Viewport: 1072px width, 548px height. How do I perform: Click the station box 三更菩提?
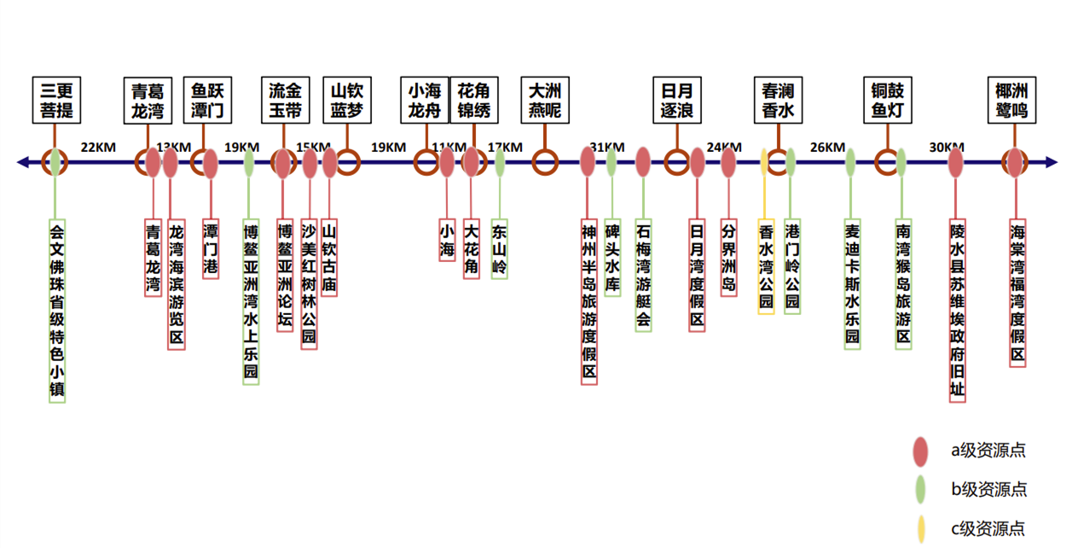click(55, 101)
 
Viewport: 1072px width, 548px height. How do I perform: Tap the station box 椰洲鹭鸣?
click(1011, 101)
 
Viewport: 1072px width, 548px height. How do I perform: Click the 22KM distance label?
click(98, 147)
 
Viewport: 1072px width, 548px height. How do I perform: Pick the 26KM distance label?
click(827, 147)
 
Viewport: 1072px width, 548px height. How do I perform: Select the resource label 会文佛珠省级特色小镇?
click(56, 311)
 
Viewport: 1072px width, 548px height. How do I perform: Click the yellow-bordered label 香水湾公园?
click(766, 267)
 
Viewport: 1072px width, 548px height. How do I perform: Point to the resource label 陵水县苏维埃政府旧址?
click(958, 311)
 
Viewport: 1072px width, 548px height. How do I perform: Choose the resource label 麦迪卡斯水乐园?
click(852, 284)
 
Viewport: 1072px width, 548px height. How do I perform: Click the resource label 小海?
click(447, 241)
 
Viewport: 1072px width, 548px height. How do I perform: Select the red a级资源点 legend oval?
click(920, 451)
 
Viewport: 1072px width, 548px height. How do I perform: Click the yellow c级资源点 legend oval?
click(920, 529)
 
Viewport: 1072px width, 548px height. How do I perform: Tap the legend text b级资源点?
click(988, 490)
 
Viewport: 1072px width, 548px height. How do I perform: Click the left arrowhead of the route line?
click(23, 161)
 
